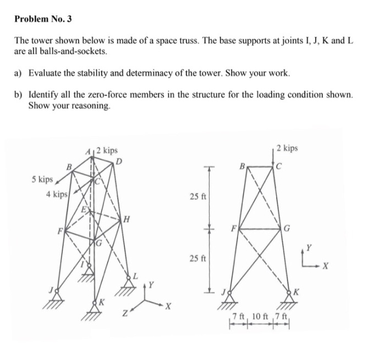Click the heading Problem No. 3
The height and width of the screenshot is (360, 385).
(43, 19)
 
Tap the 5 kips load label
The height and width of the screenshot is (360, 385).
(42, 179)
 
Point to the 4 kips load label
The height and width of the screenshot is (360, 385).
(57, 194)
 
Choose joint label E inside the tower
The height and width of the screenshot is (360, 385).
(84, 209)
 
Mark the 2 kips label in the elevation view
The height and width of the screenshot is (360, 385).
(287, 148)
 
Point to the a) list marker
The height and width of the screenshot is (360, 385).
(19, 73)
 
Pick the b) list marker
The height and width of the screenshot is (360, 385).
(19, 95)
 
